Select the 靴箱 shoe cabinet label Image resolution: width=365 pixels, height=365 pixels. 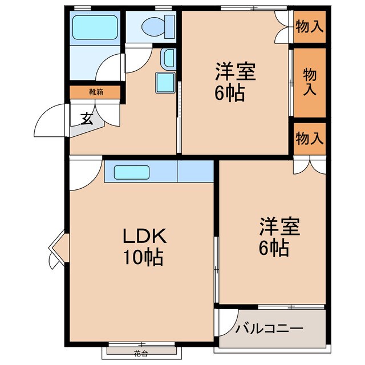click(x=95, y=91)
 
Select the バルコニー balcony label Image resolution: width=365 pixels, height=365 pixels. click(x=270, y=329)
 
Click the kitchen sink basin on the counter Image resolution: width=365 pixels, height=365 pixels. click(x=131, y=172)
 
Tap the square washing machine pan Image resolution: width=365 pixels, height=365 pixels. click(x=165, y=83)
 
